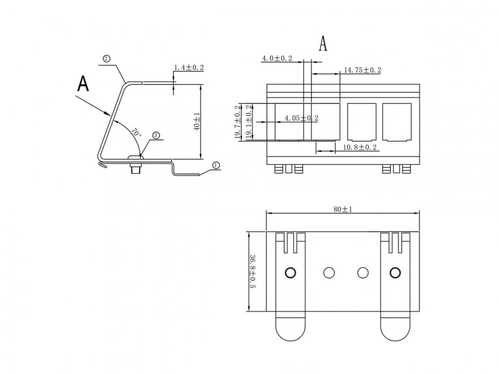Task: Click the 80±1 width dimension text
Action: [343, 210]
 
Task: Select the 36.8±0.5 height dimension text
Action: [253, 272]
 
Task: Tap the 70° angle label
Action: [137, 132]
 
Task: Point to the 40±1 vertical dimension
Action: [197, 121]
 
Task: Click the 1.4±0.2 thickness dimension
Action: [188, 67]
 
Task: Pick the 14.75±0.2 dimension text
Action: [363, 69]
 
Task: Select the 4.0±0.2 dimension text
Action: [277, 58]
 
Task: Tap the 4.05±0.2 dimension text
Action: [302, 118]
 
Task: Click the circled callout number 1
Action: [216, 165]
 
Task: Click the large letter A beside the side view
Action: [83, 83]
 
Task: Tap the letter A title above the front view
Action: [323, 44]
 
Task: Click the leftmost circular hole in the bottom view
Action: [290, 273]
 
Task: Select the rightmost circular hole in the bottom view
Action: [394, 273]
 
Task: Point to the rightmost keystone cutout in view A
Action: [397, 121]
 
